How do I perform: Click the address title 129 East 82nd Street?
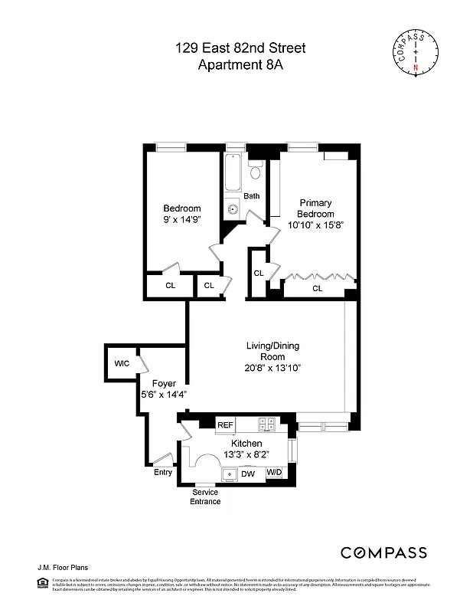[x=240, y=48]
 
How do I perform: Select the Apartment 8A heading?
[x=240, y=64]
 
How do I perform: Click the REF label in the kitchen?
[x=225, y=425]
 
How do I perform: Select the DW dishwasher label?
[x=248, y=474]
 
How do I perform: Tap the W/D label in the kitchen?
[x=274, y=474]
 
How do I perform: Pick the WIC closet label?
[x=122, y=363]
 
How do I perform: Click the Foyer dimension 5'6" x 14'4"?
[x=164, y=395]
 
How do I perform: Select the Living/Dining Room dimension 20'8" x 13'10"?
[x=267, y=368]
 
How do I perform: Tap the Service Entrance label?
[x=206, y=497]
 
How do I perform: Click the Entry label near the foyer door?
[x=163, y=472]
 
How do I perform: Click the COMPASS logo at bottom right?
[x=383, y=552]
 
